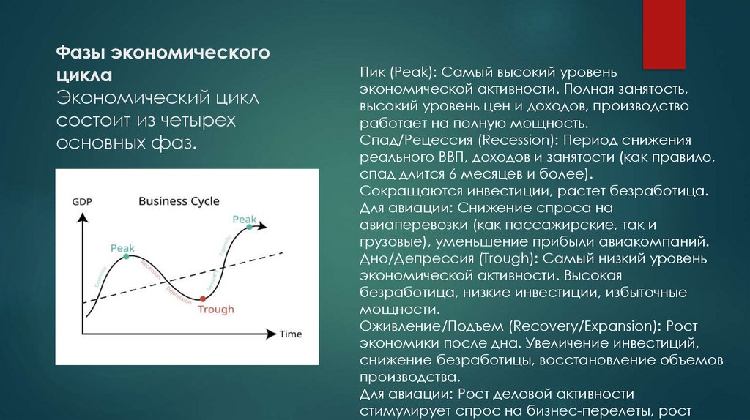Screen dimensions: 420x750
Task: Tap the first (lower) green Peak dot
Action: click(127, 257)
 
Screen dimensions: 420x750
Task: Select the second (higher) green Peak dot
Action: click(250, 227)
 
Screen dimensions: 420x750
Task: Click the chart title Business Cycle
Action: click(179, 200)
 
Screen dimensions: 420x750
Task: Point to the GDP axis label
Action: click(81, 202)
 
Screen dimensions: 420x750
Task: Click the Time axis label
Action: click(290, 334)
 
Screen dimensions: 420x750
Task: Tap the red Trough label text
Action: click(216, 310)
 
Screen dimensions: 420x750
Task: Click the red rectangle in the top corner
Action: click(664, 34)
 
